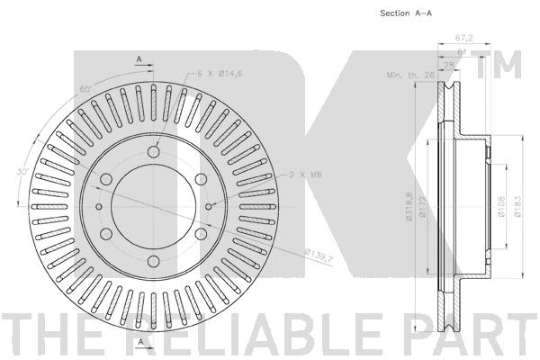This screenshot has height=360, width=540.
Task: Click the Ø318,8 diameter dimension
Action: pos(409,207)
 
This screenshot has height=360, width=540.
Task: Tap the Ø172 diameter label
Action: pos(423,207)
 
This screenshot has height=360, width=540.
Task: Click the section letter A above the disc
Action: pos(140,59)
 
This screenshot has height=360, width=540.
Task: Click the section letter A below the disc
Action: pos(140,343)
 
